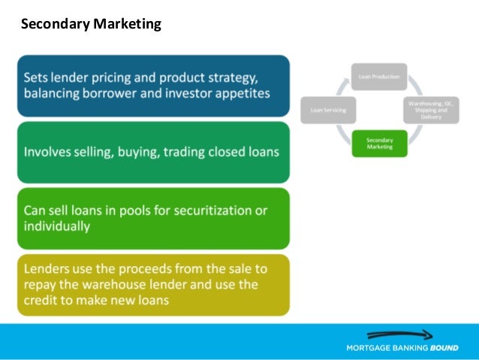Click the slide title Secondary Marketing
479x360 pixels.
click(91, 24)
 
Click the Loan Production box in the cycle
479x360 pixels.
click(380, 77)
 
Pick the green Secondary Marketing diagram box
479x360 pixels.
click(380, 143)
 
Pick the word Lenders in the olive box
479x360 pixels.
click(49, 268)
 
